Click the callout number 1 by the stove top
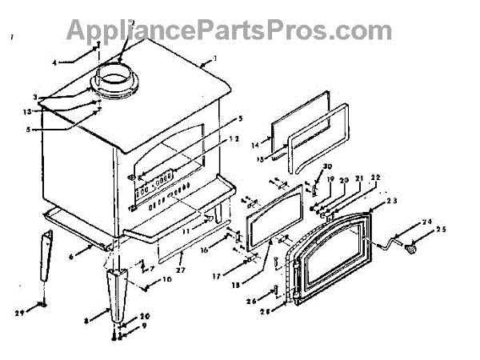coord(214,58)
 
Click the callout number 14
coord(256,145)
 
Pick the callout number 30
coord(327,166)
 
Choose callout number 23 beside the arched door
coord(392,204)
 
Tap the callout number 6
coord(70,257)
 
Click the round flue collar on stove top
coord(117,78)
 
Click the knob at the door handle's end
coord(414,250)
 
